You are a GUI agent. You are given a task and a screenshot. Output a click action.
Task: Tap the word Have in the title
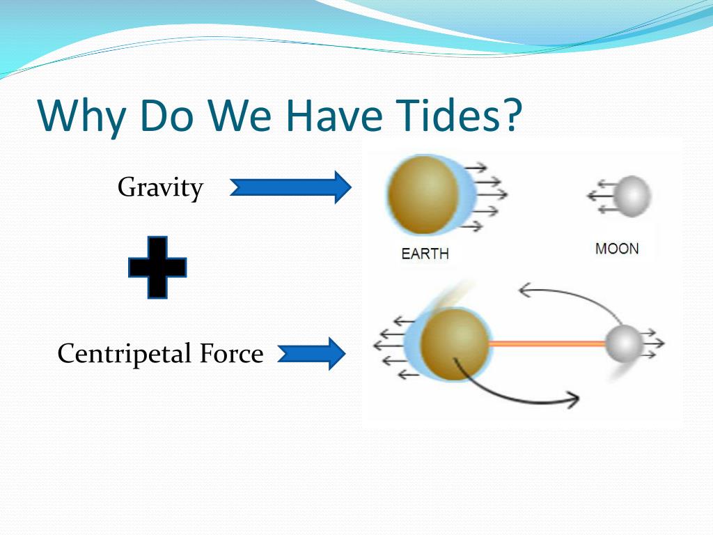[x=334, y=115]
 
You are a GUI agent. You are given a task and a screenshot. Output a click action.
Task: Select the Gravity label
[x=160, y=188]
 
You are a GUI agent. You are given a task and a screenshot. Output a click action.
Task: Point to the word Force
[x=231, y=353]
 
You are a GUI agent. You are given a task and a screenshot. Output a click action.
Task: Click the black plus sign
[x=157, y=267]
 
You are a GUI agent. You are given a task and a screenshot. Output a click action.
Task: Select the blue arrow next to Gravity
[x=290, y=187]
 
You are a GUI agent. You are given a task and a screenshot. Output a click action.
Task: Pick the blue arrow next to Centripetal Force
[x=311, y=354]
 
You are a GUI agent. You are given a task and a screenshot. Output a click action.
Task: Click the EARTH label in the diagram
[x=425, y=254]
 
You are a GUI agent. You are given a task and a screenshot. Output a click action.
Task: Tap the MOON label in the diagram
[x=617, y=249]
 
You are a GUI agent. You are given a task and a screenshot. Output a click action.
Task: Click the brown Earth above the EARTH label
[x=424, y=195]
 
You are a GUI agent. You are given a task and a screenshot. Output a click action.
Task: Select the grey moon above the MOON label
[x=632, y=196]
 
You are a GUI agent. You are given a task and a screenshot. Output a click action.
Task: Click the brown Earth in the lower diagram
[x=455, y=344]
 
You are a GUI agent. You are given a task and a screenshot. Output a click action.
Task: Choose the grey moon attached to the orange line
[x=624, y=344]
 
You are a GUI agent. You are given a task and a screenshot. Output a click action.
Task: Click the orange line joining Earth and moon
[x=547, y=344]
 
